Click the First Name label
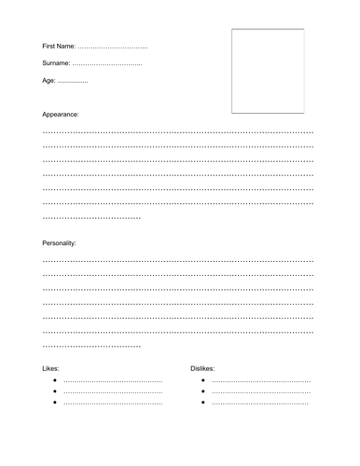click(60, 47)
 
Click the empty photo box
click(267, 71)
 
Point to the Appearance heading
click(61, 114)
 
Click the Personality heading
click(60, 242)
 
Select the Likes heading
click(50, 369)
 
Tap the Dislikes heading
click(202, 369)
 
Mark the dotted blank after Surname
click(107, 64)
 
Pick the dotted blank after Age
click(73, 82)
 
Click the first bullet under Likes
click(56, 382)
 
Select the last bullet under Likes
click(56, 403)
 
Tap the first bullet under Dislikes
click(203, 382)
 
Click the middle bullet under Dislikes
click(203, 392)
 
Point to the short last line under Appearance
click(91, 218)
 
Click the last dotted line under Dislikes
click(260, 404)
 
